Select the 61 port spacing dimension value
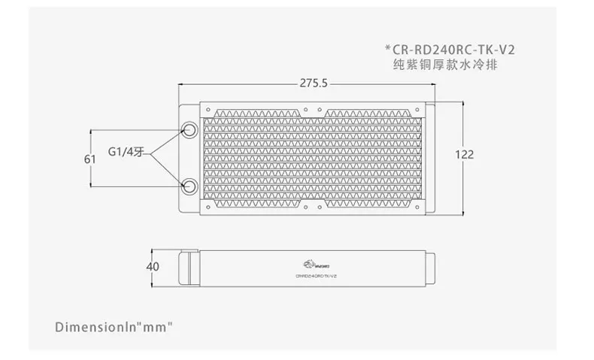pos(90,159)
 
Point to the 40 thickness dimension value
pos(153,267)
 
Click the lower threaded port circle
pos(189,185)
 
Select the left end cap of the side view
pos(189,267)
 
